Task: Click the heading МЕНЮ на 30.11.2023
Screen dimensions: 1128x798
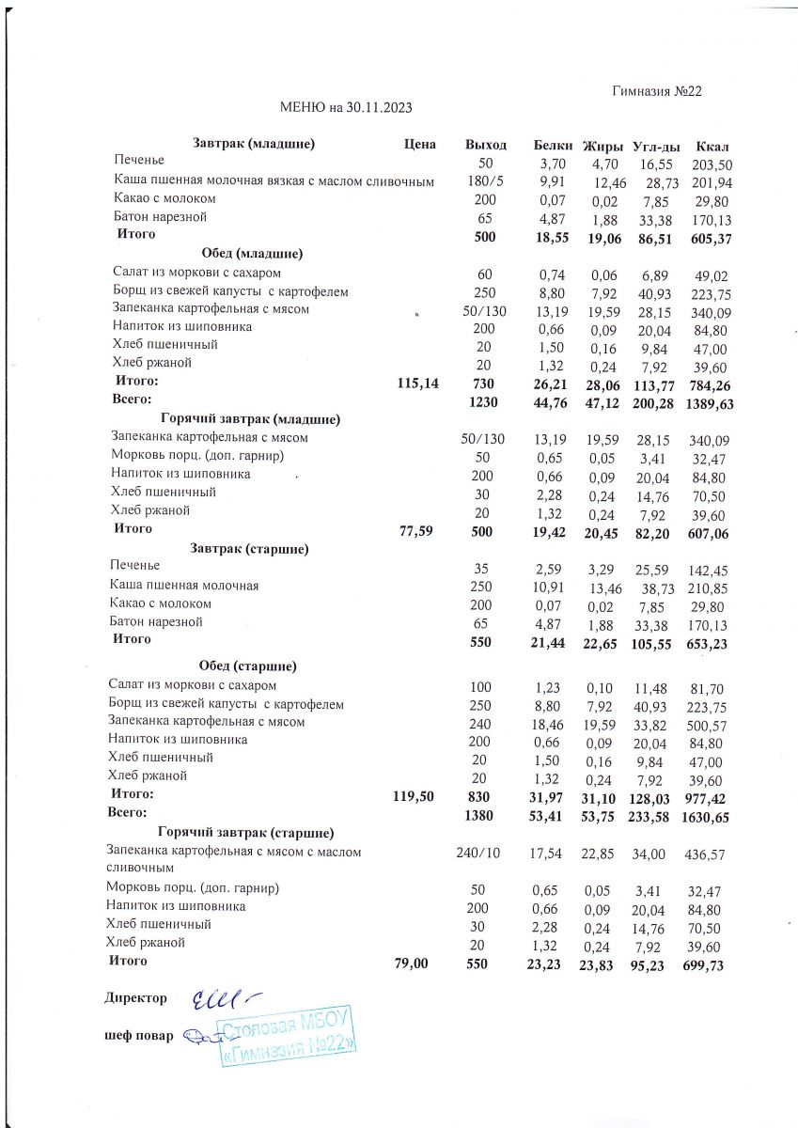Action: pyautogui.click(x=347, y=108)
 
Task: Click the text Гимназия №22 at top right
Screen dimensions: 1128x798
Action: pyautogui.click(x=657, y=91)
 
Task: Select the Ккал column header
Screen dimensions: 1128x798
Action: pyautogui.click(x=712, y=146)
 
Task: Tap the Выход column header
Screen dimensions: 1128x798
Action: pyautogui.click(x=485, y=146)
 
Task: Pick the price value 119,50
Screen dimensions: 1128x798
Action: pyautogui.click(x=413, y=795)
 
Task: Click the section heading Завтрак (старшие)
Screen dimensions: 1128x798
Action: pyautogui.click(x=250, y=548)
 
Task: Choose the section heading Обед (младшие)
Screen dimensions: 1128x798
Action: pyautogui.click(x=250, y=253)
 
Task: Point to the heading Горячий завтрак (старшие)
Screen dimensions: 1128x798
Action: pyautogui.click(x=246, y=833)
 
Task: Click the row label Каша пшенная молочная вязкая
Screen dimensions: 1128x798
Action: pyautogui.click(x=274, y=180)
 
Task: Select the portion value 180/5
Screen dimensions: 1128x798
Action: pyautogui.click(x=485, y=180)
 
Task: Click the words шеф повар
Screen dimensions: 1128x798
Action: pyautogui.click(x=138, y=1036)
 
